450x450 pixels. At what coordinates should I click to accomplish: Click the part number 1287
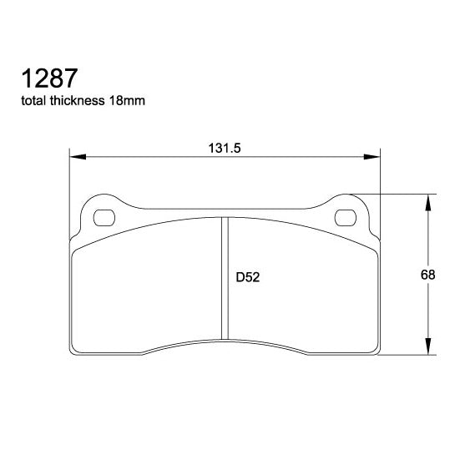pos(49,78)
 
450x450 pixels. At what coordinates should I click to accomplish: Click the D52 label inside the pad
pos(248,277)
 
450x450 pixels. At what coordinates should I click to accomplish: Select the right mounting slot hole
pos(345,219)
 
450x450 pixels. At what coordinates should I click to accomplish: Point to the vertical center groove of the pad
pos(225,280)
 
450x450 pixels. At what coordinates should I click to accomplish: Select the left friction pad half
pos(146,288)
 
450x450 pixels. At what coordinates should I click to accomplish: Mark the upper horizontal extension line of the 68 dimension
pos(401,194)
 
